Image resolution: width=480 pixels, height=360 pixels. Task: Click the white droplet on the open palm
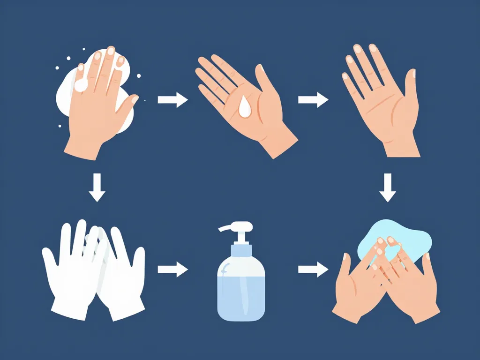(x=244, y=107)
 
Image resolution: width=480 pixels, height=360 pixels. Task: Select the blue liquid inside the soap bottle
(x=241, y=295)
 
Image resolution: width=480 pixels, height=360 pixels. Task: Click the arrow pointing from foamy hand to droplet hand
(x=172, y=100)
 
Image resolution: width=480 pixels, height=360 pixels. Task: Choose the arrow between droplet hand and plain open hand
(x=313, y=100)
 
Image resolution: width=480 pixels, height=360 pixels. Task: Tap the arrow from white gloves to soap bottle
(x=172, y=270)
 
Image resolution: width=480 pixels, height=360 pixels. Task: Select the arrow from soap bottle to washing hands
(x=313, y=270)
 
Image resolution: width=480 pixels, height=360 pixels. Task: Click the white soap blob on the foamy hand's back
(x=81, y=85)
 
